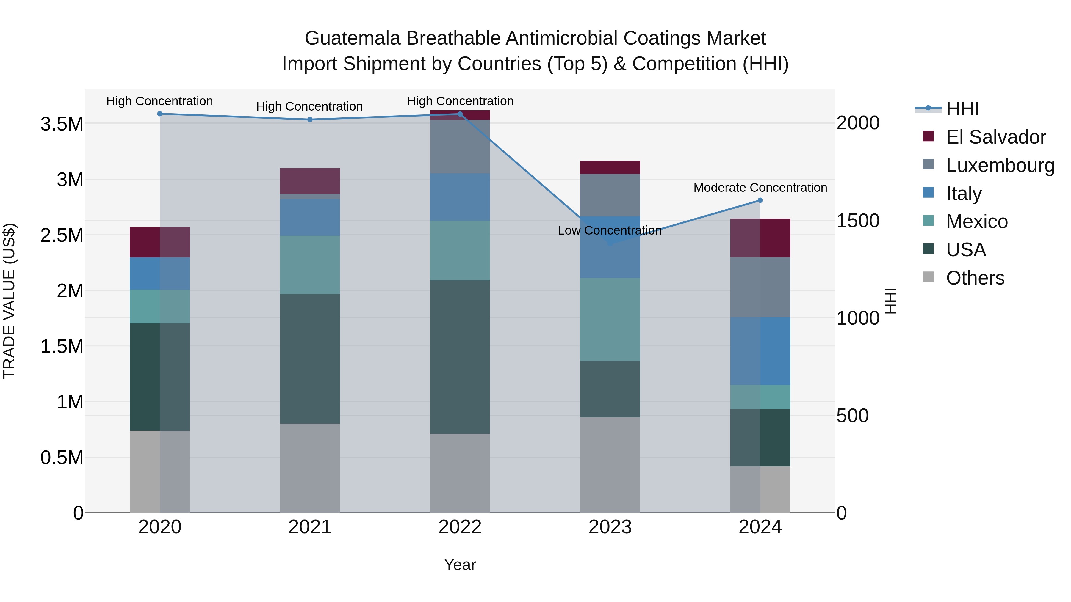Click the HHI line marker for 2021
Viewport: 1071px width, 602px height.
tap(310, 120)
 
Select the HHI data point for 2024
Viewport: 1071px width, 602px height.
tap(760, 200)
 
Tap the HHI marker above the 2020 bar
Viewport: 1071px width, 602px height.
tap(160, 114)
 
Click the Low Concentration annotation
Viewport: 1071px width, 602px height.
tap(610, 231)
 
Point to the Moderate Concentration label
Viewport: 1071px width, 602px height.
tap(760, 188)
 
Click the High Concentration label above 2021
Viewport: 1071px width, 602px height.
tap(309, 107)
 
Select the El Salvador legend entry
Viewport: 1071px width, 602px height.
tap(995, 137)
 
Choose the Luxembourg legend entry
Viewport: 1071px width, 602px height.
tap(1000, 165)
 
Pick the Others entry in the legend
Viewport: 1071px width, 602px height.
tap(975, 278)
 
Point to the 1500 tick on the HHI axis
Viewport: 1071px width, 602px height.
tap(858, 221)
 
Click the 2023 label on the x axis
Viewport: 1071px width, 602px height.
tap(610, 527)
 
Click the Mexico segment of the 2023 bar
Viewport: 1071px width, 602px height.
tap(610, 320)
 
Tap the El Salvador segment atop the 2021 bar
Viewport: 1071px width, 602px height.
tap(310, 181)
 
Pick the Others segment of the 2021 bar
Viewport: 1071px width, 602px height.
tap(310, 468)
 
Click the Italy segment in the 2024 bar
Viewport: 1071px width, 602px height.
tap(760, 351)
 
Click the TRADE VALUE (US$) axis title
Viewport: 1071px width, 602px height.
tap(9, 301)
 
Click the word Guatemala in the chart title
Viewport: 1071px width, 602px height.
tap(353, 38)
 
